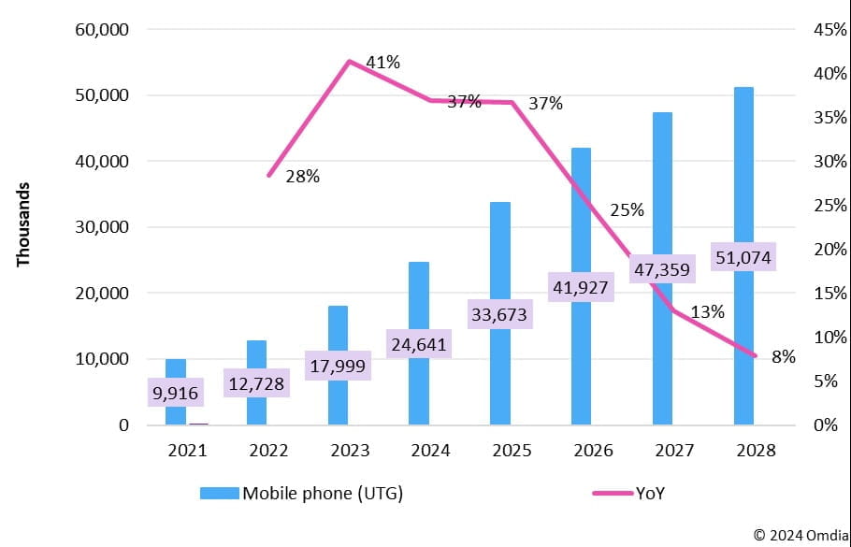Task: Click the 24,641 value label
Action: (x=418, y=345)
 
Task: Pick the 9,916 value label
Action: (x=175, y=393)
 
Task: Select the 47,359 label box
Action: (x=661, y=270)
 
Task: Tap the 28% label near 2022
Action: (x=302, y=177)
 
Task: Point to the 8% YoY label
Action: (x=783, y=356)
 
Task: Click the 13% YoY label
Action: (x=707, y=312)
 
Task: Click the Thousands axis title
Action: (x=24, y=224)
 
